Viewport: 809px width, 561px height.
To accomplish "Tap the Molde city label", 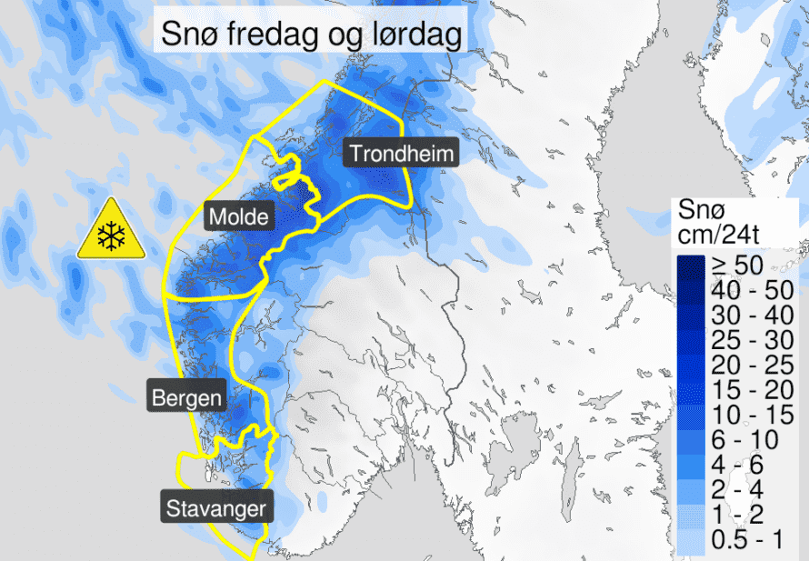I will pos(238,216).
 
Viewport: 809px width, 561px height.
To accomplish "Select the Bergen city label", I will pos(185,396).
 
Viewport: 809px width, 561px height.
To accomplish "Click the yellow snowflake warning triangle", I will pos(111,231).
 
